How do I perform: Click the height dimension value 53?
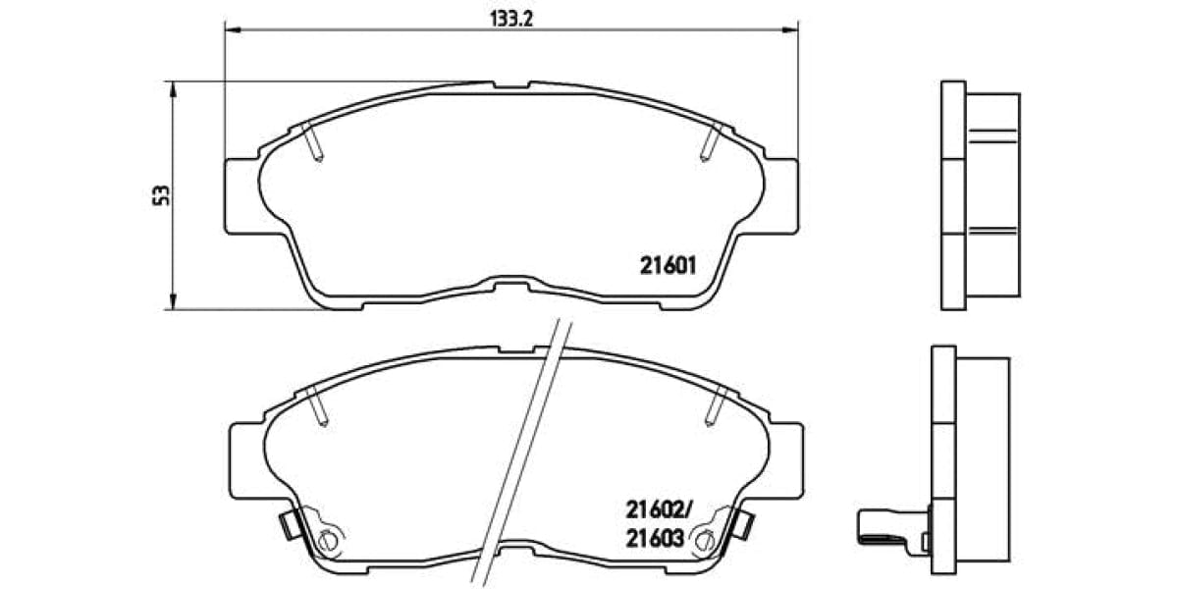(x=166, y=194)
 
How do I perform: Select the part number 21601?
(x=668, y=265)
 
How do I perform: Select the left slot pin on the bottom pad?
(x=316, y=406)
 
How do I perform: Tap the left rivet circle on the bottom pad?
(x=330, y=538)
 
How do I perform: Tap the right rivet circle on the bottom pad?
(x=702, y=538)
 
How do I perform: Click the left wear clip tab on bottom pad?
(x=288, y=525)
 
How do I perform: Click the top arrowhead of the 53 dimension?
(x=174, y=88)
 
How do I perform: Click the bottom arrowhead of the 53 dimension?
(x=174, y=301)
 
